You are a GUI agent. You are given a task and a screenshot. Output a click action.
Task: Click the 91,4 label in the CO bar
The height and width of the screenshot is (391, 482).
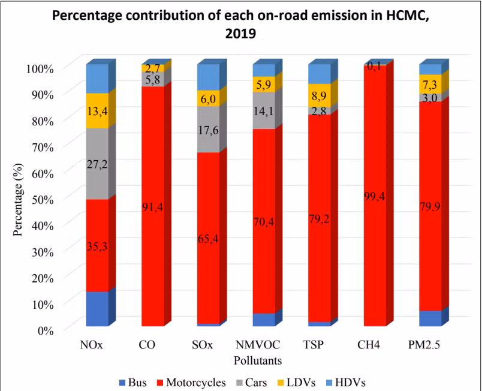[153, 207]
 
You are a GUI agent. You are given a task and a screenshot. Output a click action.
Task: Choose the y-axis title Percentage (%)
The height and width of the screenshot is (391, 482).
[20, 198]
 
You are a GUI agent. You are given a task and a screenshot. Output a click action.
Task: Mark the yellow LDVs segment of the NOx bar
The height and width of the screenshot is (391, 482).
[97, 110]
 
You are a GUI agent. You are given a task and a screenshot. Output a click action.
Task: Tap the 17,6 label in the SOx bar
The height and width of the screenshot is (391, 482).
[208, 128]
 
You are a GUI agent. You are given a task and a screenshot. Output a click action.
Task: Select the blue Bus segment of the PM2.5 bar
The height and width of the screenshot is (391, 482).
[430, 318]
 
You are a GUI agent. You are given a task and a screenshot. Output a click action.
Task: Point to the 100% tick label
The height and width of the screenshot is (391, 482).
[40, 68]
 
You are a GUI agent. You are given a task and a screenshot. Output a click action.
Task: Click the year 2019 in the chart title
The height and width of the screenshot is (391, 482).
[240, 34]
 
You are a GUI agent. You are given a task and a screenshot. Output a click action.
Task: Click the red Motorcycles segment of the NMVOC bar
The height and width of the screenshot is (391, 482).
[264, 221]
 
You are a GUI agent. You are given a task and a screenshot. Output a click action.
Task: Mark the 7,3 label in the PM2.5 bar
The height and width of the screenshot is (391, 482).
[430, 83]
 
